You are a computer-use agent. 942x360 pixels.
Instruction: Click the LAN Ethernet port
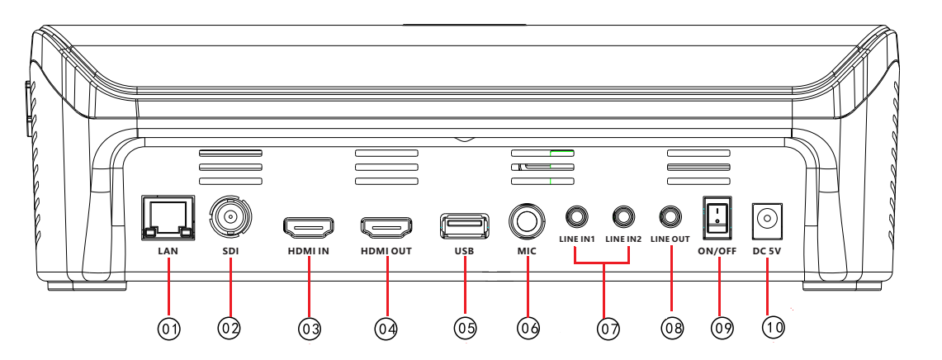tap(168, 217)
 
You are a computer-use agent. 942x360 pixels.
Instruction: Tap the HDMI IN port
tap(308, 226)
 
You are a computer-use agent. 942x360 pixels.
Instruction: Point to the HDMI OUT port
tap(386, 226)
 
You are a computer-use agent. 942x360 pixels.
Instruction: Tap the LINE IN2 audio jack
tap(623, 216)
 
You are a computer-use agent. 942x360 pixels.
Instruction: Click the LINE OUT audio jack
tap(670, 216)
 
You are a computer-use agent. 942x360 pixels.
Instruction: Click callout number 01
tap(169, 328)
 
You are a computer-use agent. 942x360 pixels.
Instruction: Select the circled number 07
tap(608, 328)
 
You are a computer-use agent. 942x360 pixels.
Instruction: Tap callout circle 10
tap(774, 327)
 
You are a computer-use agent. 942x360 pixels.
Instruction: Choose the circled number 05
tap(465, 328)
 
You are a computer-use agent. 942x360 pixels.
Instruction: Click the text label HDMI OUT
tap(386, 251)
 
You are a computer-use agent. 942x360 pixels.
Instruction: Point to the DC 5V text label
tap(767, 251)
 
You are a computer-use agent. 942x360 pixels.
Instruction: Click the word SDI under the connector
tap(230, 251)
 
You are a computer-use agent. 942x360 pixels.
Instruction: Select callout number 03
tap(310, 328)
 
